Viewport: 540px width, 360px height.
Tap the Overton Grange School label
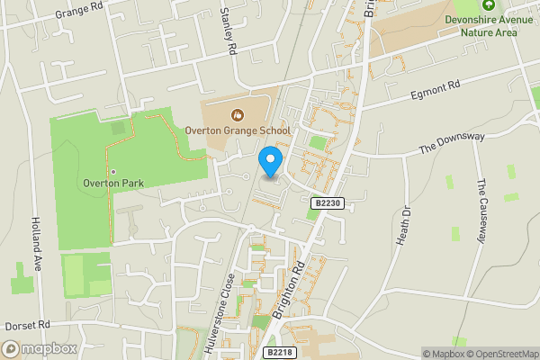tap(238, 130)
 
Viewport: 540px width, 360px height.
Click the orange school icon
tap(238, 114)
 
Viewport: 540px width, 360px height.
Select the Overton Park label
tap(113, 183)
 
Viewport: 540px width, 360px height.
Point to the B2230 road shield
tap(328, 204)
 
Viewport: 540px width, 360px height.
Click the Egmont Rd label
tap(436, 88)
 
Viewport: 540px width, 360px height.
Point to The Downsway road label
tap(451, 143)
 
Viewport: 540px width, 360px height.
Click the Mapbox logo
tap(40, 348)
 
